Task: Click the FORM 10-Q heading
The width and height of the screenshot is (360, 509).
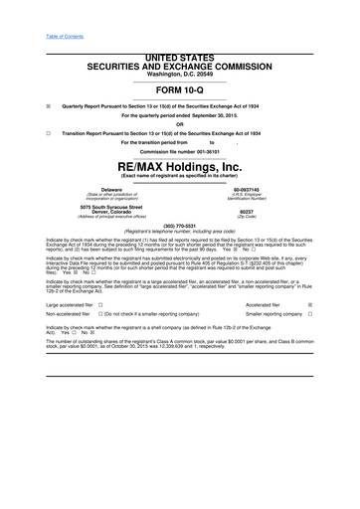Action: pyautogui.click(x=180, y=88)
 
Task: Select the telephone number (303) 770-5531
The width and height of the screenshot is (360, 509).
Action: pyautogui.click(x=179, y=225)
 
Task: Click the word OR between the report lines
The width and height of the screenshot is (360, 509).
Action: pyautogui.click(x=180, y=123)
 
